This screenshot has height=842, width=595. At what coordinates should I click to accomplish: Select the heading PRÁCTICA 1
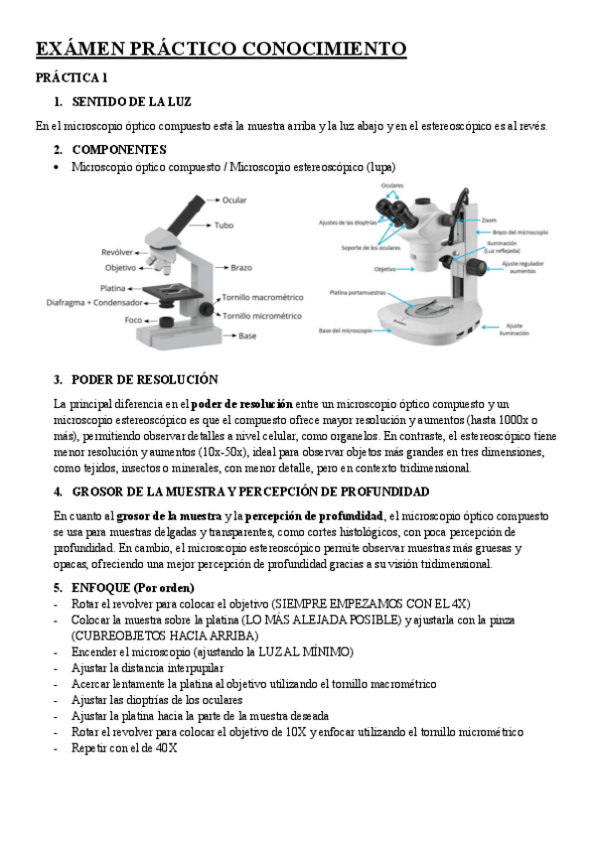[x=71, y=77]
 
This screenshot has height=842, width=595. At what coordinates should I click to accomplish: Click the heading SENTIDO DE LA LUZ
[x=131, y=102]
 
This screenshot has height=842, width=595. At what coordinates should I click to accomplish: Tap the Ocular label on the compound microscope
[x=234, y=200]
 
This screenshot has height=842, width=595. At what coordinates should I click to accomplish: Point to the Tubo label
[x=224, y=225]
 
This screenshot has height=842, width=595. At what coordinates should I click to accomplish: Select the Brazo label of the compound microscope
[x=241, y=268]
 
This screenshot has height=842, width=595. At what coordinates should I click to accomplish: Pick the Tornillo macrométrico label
[x=262, y=298]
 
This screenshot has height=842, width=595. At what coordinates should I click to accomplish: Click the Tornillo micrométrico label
[x=262, y=315]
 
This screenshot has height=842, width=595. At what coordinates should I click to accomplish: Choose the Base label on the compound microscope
[x=247, y=337]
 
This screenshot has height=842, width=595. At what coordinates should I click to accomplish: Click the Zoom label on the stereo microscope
[x=490, y=219]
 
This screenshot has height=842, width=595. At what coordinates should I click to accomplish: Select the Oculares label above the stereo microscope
[x=392, y=186]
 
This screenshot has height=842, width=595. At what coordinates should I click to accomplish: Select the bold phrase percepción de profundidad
[x=314, y=515]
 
